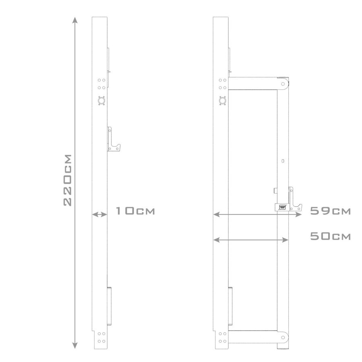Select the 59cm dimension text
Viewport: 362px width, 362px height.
pos(331,211)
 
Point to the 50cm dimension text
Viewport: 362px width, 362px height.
pos(331,236)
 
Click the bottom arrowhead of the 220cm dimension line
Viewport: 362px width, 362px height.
pos(74,345)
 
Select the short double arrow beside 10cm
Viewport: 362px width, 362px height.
pos(99,215)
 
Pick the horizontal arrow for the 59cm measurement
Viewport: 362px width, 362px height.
pos(257,215)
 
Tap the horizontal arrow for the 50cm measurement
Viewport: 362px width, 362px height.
pos(251,240)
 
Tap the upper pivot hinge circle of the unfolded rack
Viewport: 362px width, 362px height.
pos(283,84)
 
